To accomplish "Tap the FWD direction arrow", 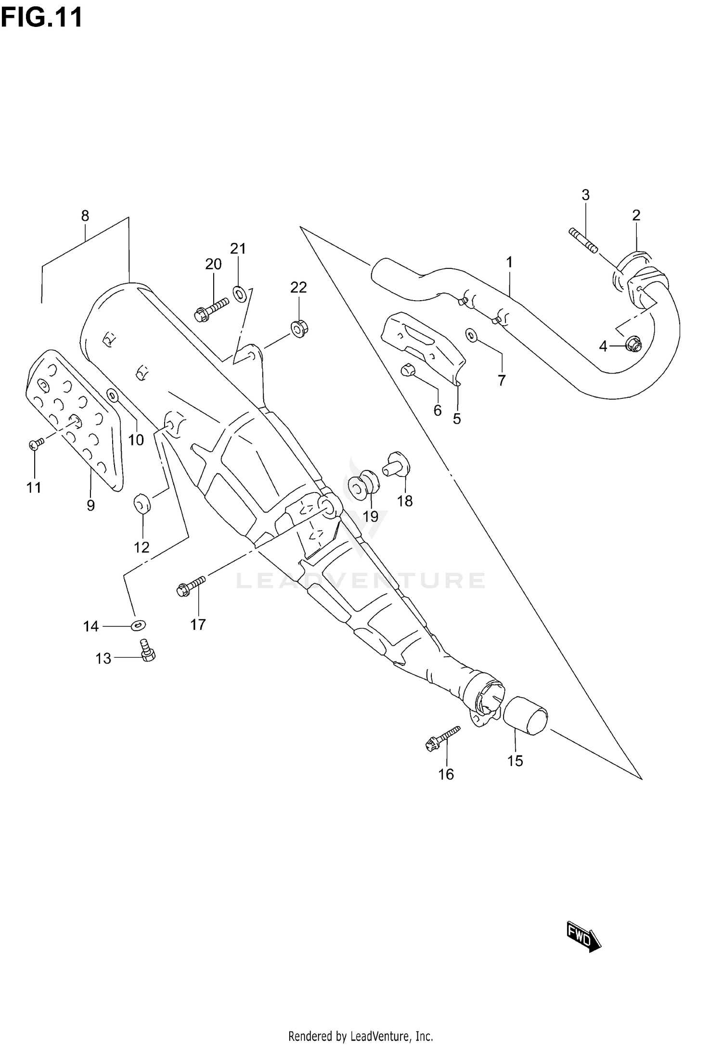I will [583, 936].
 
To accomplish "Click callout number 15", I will [515, 761].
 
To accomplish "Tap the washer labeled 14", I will [139, 625].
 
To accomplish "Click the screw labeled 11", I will [36, 443].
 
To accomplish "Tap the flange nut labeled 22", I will [299, 327].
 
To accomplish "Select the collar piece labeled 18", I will [396, 464].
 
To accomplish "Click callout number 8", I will [85, 216].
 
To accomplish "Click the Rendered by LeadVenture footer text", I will [361, 1032].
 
